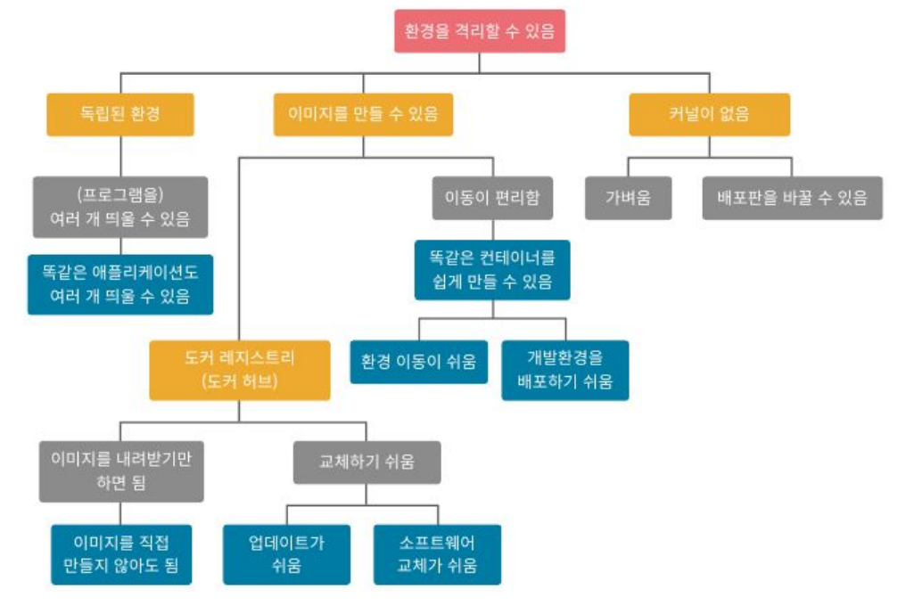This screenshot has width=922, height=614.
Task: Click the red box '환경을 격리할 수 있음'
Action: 480,31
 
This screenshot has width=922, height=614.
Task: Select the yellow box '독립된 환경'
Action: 120,115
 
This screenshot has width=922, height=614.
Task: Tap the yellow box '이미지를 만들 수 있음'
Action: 363,115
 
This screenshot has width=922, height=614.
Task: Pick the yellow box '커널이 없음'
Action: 709,115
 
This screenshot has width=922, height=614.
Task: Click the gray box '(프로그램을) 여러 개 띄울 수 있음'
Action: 120,208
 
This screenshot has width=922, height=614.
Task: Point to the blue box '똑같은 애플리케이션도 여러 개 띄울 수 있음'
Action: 120,284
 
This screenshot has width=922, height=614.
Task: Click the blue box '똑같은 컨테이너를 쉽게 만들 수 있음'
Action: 492,270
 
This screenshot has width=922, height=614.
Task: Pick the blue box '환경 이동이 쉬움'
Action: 418,362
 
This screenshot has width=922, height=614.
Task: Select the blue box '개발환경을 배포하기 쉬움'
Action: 564,370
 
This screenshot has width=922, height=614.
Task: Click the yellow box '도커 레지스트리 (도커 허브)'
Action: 239,370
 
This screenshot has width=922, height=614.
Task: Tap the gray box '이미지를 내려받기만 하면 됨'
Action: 121,471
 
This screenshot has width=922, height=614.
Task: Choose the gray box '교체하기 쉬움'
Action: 366,463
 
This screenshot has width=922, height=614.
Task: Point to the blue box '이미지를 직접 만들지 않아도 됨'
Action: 121,554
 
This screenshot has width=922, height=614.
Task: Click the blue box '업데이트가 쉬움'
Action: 286,554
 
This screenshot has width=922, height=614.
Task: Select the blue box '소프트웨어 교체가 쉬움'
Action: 437,554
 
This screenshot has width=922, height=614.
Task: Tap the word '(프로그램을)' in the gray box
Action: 120,196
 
